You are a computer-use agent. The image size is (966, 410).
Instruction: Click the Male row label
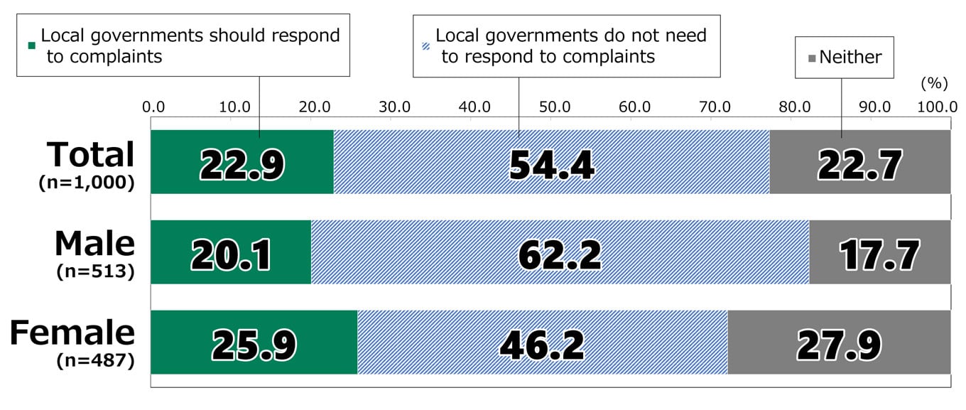pos(94,243)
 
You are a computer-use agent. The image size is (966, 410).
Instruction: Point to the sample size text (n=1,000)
pos(86,182)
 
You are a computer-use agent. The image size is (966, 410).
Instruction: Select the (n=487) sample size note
pos(95,361)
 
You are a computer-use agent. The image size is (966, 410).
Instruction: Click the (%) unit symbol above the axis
pos(934,83)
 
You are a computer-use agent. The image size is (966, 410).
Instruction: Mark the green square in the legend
pos(31,44)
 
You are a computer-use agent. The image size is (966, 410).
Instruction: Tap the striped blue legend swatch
pos(425,44)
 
